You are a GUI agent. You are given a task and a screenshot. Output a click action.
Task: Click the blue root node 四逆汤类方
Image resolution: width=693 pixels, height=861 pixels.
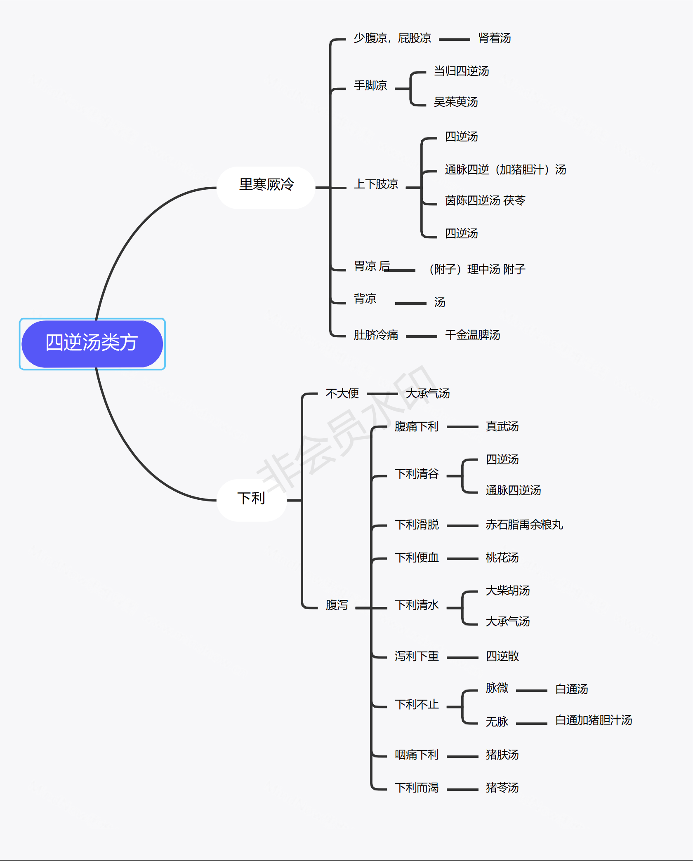pyautogui.click(x=92, y=343)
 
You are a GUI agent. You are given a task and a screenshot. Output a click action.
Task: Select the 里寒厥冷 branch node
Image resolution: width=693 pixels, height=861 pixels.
pyautogui.click(x=266, y=184)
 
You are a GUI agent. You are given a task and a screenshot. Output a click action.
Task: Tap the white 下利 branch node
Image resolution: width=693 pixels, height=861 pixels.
pyautogui.click(x=251, y=499)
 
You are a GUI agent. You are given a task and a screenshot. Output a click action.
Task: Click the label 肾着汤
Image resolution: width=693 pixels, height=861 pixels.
pyautogui.click(x=494, y=38)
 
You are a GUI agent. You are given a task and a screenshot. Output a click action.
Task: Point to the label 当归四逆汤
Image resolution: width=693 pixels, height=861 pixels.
pyautogui.click(x=461, y=71)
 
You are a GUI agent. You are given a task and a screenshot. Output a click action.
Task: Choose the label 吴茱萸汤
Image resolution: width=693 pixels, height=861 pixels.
pyautogui.click(x=456, y=102)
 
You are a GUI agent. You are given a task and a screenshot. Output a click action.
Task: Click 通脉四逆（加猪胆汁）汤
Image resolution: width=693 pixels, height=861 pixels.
pyautogui.click(x=505, y=169)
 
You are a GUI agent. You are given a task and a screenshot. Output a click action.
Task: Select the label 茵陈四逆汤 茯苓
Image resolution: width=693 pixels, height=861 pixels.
pyautogui.click(x=485, y=201)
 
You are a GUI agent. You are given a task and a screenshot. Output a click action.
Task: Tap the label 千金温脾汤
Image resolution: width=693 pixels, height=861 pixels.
pyautogui.click(x=472, y=335)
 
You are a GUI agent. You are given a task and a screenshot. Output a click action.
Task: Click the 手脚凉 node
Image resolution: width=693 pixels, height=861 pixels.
pyautogui.click(x=370, y=86)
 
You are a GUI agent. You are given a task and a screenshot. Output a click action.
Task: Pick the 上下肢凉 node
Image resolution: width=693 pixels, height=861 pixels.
pyautogui.click(x=376, y=184)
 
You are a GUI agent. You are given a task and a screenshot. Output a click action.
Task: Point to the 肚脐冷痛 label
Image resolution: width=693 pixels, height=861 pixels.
pyautogui.click(x=376, y=335)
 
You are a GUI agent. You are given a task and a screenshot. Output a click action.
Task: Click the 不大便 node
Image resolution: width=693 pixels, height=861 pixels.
pyautogui.click(x=342, y=394)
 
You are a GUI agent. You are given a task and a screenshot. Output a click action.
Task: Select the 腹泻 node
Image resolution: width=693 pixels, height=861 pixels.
pyautogui.click(x=337, y=605)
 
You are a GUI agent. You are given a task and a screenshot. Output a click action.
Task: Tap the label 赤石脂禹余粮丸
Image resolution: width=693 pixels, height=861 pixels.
pyautogui.click(x=524, y=525)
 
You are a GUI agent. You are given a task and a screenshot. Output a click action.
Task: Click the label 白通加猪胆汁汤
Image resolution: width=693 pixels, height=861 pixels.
pyautogui.click(x=593, y=720)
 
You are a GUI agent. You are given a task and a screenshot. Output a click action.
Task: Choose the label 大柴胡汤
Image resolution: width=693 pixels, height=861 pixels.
pyautogui.click(x=507, y=591)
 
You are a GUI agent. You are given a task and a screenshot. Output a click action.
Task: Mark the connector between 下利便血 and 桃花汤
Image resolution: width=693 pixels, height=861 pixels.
pyautogui.click(x=462, y=559)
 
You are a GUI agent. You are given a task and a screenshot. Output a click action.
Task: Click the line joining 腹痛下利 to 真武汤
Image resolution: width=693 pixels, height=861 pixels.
pyautogui.click(x=462, y=427)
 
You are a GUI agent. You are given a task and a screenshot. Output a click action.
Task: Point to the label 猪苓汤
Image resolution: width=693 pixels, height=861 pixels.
pyautogui.click(x=502, y=788)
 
